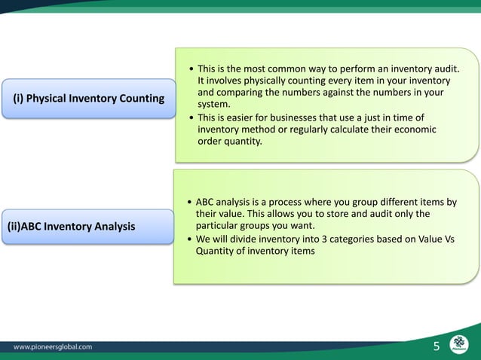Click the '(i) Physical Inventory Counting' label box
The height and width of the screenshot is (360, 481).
pos(88,99)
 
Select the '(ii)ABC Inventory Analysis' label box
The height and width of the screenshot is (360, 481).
pos(88,226)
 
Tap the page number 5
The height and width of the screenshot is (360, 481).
pos(437,346)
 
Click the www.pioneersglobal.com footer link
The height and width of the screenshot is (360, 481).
pos(54,347)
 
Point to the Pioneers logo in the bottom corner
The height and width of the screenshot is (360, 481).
pos(459,343)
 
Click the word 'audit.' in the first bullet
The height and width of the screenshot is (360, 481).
pos(444,69)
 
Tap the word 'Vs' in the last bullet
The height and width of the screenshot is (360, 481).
pos(450,239)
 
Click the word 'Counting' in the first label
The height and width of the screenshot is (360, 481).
pos(140,99)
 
